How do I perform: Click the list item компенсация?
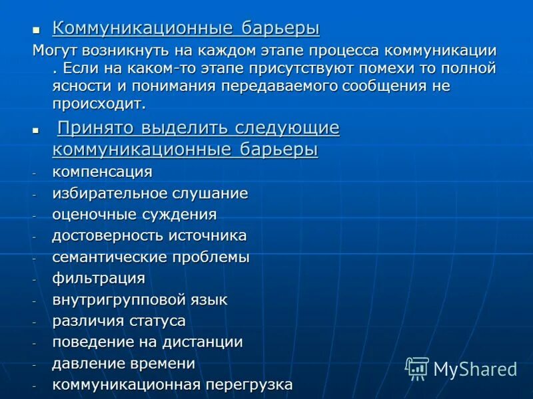click(x=102, y=172)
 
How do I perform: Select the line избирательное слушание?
click(x=150, y=194)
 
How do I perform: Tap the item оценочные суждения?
click(x=134, y=214)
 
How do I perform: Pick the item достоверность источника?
click(x=149, y=235)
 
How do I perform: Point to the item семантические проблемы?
click(x=151, y=257)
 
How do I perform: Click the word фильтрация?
click(x=99, y=279)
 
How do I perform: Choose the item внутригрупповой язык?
click(x=140, y=300)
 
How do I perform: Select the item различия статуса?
click(x=119, y=321)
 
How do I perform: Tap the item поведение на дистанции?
click(x=147, y=342)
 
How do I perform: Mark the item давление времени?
click(x=123, y=364)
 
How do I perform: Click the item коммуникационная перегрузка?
click(x=172, y=384)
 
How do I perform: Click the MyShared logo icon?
click(x=417, y=368)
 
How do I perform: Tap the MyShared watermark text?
click(x=475, y=369)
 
